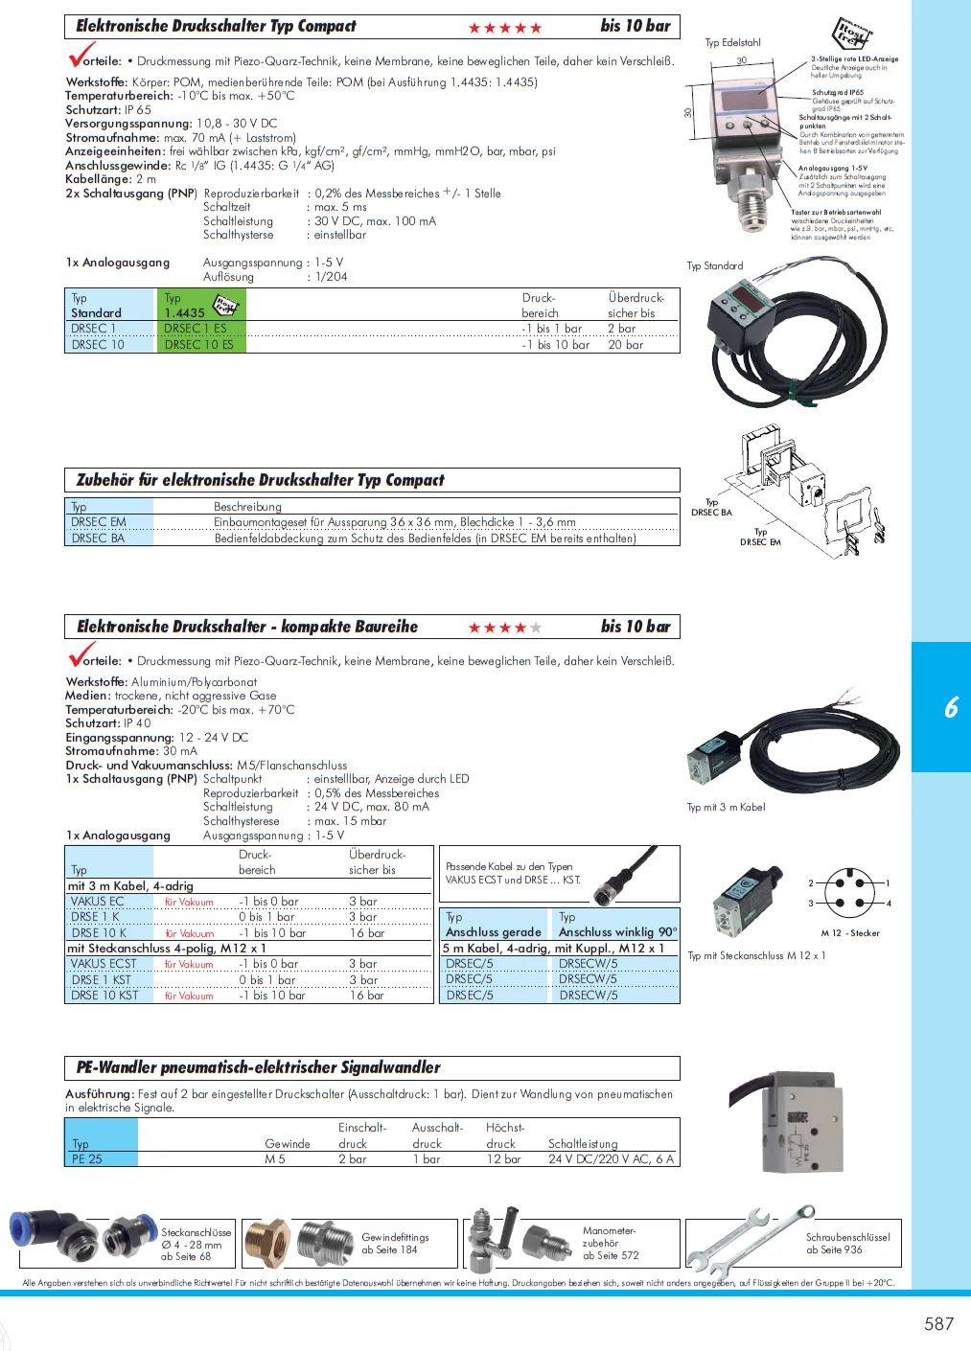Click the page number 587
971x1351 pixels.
pos(938,1323)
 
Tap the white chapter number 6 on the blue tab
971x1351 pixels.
pos(951,707)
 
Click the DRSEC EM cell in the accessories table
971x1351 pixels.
pos(99,522)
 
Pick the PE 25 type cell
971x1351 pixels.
pos(87,1158)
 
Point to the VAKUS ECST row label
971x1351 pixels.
pos(104,964)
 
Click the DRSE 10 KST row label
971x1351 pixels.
pos(104,996)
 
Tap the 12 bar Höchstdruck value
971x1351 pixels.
pos(503,1158)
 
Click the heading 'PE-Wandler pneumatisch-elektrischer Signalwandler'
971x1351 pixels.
pos(259,1067)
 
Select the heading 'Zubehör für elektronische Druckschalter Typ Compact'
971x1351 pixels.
pos(261,480)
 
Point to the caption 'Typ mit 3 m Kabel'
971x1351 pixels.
pos(726,807)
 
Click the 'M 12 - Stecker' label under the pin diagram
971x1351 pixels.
pos(849,932)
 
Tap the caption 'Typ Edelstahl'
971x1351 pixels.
pos(732,42)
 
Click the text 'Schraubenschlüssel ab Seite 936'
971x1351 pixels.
pos(847,1243)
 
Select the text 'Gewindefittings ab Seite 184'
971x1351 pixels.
pos(395,1243)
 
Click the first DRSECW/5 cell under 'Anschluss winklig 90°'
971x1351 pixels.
pos(588,964)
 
